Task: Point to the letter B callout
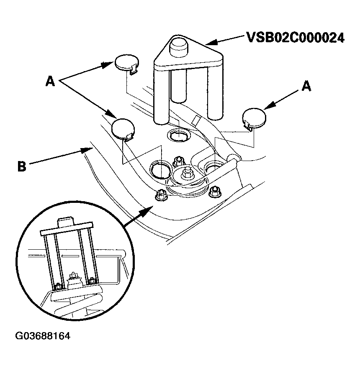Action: (x=22, y=166)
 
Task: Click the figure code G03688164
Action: (x=42, y=336)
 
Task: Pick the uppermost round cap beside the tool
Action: (x=126, y=64)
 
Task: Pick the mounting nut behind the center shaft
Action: (x=179, y=160)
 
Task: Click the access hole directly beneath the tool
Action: (x=178, y=136)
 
